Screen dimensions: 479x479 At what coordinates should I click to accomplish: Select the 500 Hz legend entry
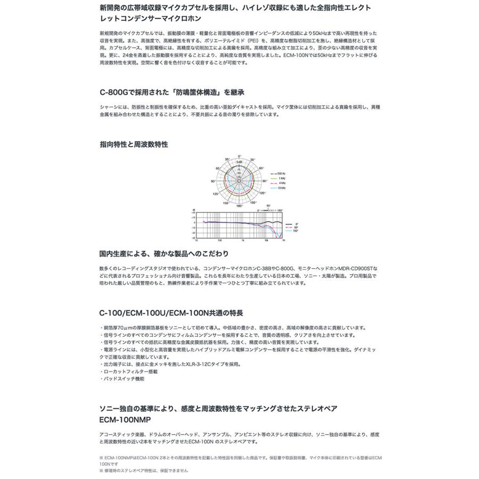pos(281,174)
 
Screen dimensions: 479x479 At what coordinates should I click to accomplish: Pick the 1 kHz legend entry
pos(281,178)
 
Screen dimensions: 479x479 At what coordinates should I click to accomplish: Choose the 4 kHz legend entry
pos(281,183)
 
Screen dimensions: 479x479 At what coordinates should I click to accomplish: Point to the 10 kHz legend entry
pos(281,188)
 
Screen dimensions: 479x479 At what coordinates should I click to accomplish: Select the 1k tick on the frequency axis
pos(243,241)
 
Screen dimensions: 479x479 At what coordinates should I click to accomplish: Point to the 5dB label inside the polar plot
pos(240,162)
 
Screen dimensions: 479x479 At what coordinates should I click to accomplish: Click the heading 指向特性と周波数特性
pos(134,144)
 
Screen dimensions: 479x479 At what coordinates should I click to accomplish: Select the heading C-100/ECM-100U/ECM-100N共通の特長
pos(171,313)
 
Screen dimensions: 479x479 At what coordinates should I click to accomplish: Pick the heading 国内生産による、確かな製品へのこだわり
pos(164,253)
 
